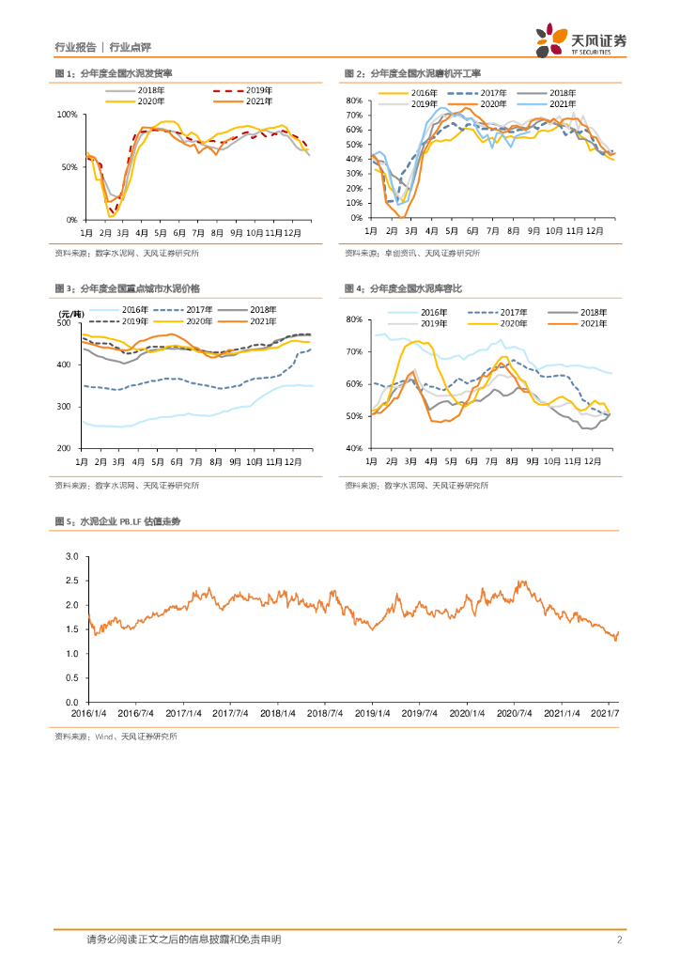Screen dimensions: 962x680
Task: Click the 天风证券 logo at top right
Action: [x=581, y=39]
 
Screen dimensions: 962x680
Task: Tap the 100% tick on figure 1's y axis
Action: [x=68, y=115]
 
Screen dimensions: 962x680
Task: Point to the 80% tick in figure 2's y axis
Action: [x=355, y=101]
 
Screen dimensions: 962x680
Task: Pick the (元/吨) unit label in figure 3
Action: [x=71, y=313]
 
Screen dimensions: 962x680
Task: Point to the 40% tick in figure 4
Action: [x=355, y=449]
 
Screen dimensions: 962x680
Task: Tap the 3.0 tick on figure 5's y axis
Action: [x=71, y=557]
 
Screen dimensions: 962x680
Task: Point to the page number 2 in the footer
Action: [x=620, y=939]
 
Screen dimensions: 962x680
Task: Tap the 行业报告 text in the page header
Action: [x=75, y=46]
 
